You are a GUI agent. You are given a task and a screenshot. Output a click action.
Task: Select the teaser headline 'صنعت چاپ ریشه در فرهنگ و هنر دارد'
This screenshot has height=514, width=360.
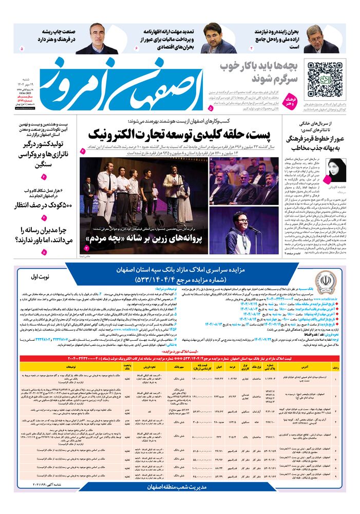coord(56,35)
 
